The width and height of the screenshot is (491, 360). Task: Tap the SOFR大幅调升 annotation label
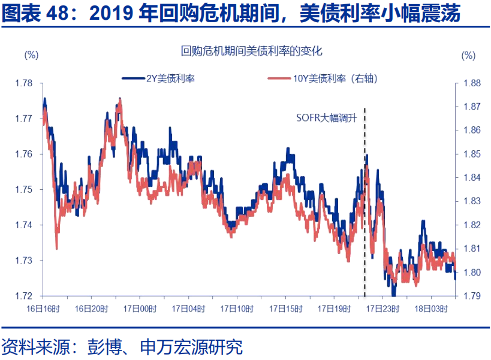[x=327, y=118]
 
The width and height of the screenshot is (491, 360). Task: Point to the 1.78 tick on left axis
[x=25, y=83]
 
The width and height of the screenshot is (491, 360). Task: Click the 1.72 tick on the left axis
[x=25, y=296]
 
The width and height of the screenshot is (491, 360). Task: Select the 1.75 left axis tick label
[x=25, y=189]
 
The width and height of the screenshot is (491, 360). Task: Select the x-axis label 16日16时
[x=43, y=308]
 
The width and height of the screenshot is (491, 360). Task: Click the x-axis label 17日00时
[x=139, y=308]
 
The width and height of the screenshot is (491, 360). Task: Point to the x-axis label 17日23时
[x=382, y=308]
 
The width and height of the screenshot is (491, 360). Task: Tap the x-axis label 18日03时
[x=430, y=308]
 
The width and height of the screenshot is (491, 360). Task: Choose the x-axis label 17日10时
[x=236, y=308]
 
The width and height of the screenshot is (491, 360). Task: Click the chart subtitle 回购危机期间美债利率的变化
[x=252, y=52]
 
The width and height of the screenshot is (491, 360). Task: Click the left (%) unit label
[x=31, y=55]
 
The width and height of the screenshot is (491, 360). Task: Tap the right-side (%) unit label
[x=468, y=55]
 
